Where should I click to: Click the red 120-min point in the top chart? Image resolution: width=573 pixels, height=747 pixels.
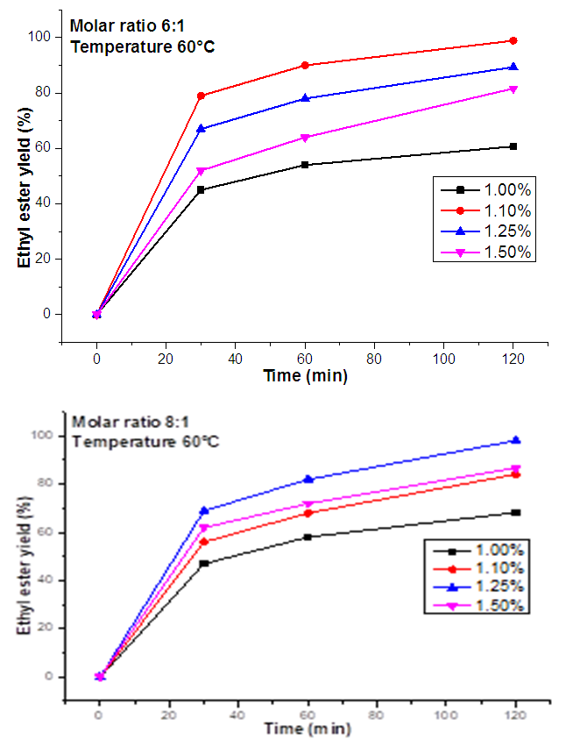pyautogui.click(x=513, y=40)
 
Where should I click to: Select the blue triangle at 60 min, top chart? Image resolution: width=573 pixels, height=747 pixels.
pyautogui.click(x=305, y=98)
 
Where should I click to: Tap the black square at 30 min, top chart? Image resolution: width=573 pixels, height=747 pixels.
pyautogui.click(x=201, y=189)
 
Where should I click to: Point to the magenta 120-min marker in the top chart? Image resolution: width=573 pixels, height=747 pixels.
pyautogui.click(x=513, y=89)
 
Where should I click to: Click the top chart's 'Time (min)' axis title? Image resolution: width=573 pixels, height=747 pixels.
pyautogui.click(x=306, y=375)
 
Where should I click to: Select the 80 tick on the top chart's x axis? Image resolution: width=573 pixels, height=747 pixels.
pyautogui.click(x=374, y=358)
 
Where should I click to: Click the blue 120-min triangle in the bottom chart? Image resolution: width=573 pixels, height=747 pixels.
pyautogui.click(x=516, y=440)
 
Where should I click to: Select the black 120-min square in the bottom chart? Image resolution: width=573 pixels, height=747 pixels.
pyautogui.click(x=516, y=512)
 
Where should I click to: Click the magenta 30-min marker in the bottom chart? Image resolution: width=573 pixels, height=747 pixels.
pyautogui.click(x=203, y=528)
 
